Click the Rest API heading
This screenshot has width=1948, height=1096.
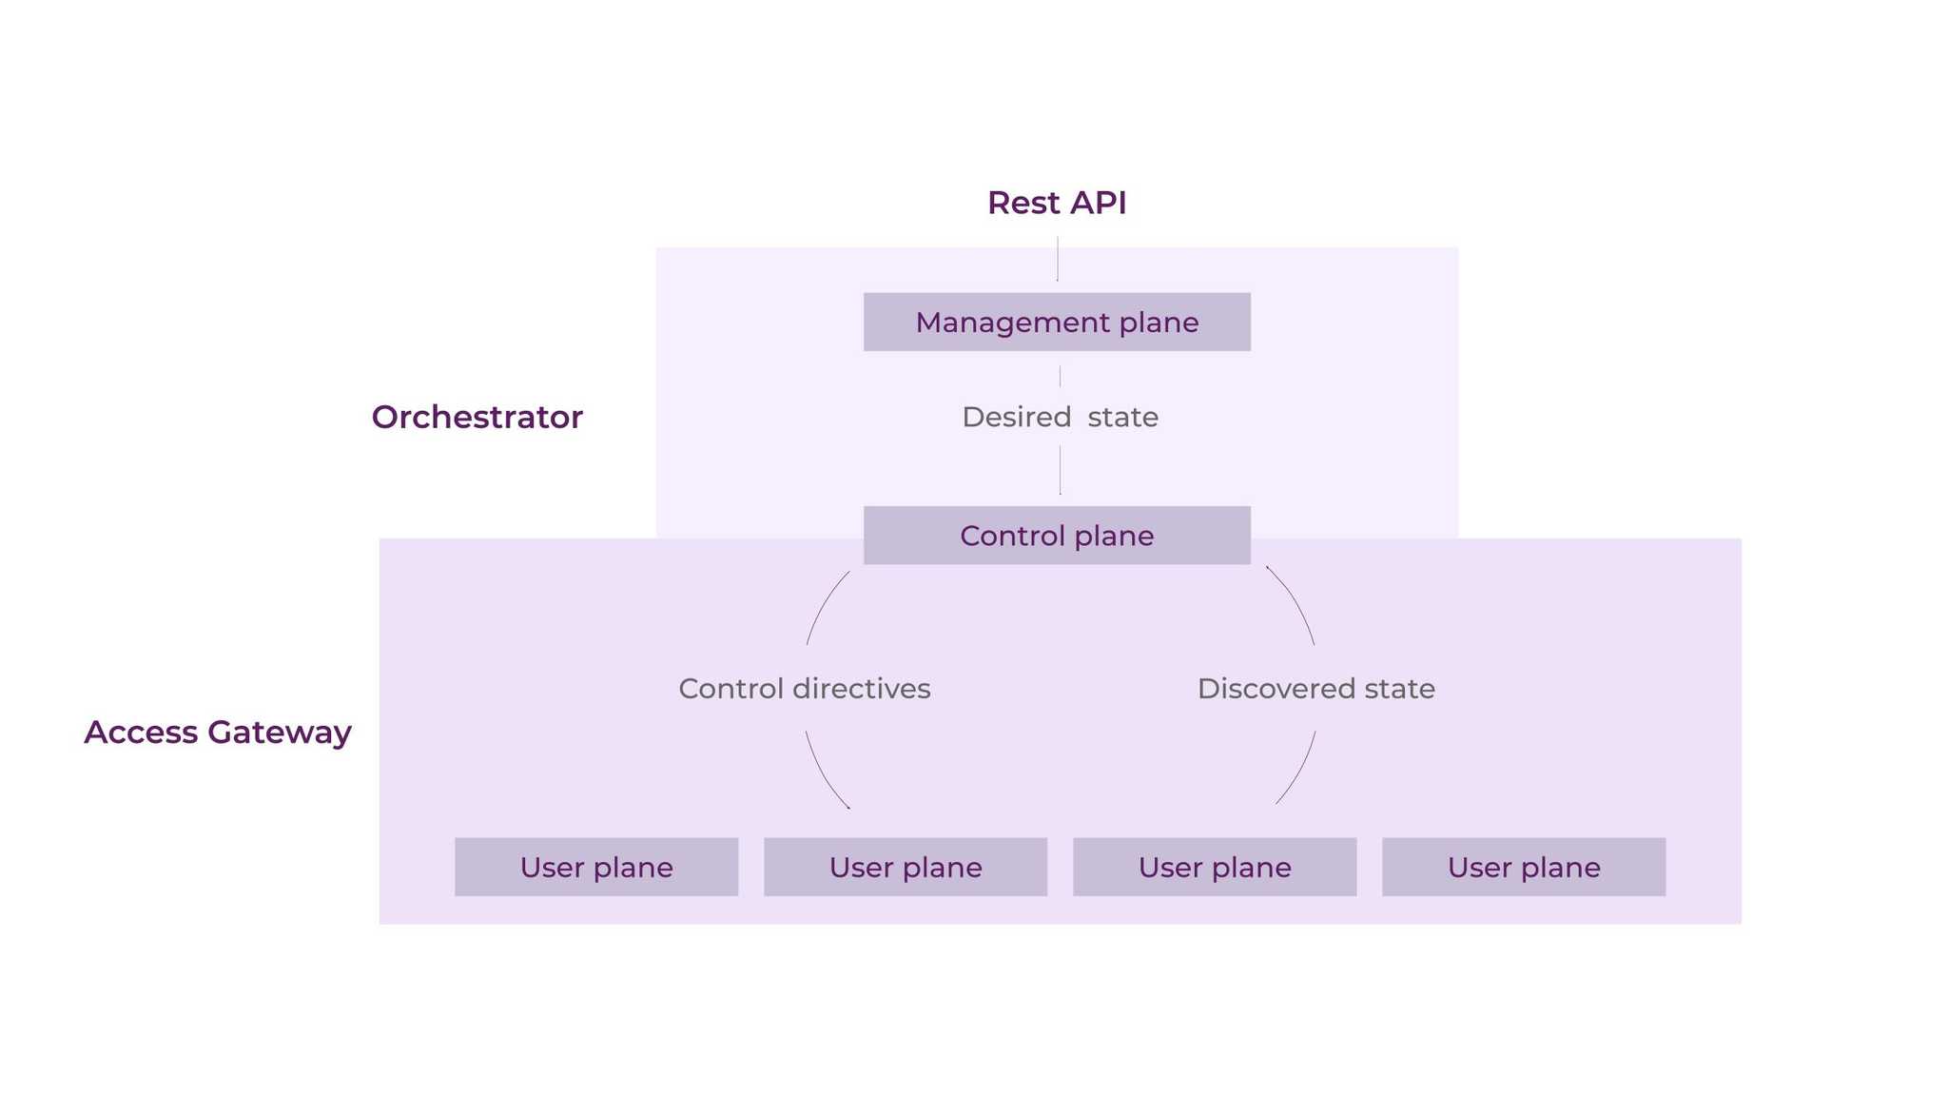click(1057, 203)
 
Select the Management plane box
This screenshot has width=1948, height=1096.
click(1057, 323)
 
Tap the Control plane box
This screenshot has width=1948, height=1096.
click(1057, 536)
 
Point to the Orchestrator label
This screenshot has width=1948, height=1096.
click(477, 417)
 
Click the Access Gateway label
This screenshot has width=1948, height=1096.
click(218, 732)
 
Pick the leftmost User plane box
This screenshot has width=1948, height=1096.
click(596, 867)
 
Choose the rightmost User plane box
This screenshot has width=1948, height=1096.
click(1524, 867)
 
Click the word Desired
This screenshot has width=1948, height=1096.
click(1017, 417)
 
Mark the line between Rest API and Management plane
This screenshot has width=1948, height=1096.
click(1058, 259)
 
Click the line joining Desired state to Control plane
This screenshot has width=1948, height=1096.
click(1061, 470)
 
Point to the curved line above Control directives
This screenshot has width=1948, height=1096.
click(824, 605)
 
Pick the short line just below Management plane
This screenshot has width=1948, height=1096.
click(1061, 376)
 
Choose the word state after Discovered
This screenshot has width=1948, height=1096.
click(1399, 688)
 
